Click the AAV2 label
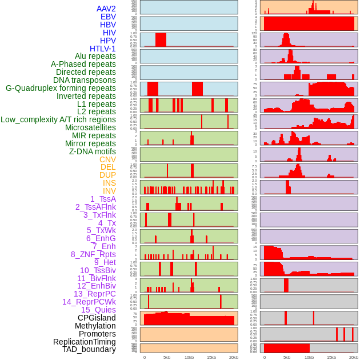point(106,9)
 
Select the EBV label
point(108,17)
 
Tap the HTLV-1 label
point(103,49)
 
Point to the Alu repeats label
point(95,56)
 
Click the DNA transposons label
point(85,80)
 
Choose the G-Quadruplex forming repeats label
point(61,88)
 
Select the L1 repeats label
point(97,104)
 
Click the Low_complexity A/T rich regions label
point(58,119)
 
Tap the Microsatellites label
point(90,127)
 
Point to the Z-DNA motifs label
point(93,151)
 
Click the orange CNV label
point(107,159)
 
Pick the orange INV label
point(109,191)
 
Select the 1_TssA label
point(103,199)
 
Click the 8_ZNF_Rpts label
point(93,254)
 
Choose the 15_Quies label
point(98,310)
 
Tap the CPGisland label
point(97,318)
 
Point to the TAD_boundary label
point(89,349)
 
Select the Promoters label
point(97,334)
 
